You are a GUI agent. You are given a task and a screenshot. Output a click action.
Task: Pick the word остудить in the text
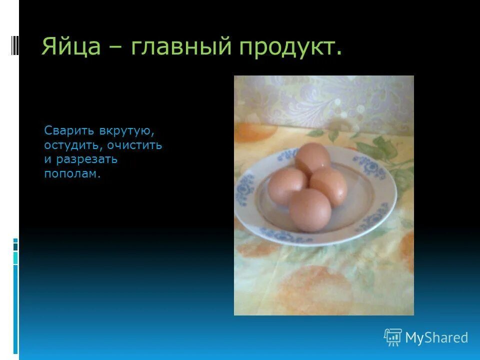coord(72,145)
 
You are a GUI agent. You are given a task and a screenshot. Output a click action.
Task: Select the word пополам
coord(72,174)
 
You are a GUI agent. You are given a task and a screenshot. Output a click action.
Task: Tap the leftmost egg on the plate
coord(286,185)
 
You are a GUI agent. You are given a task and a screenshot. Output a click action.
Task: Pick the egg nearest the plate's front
coord(310,209)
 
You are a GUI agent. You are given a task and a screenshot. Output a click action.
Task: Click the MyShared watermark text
coord(436,338)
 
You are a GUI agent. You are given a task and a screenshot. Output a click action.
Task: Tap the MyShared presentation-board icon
coord(393,337)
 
